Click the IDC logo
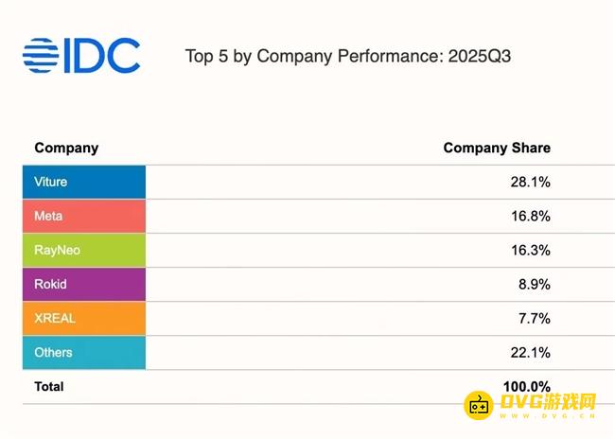(x=80, y=56)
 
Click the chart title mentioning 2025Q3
(x=348, y=56)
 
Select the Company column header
(x=66, y=148)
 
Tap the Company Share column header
(x=497, y=148)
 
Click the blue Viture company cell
(x=84, y=182)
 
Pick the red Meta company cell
(x=84, y=216)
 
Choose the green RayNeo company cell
(x=84, y=250)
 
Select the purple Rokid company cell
(x=84, y=284)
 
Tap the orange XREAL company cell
(x=84, y=318)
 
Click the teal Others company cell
(x=84, y=352)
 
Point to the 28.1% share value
(x=530, y=182)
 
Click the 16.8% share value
(x=530, y=216)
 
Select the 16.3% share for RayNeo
(x=530, y=250)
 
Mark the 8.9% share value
(x=534, y=284)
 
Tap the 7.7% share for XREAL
(x=534, y=318)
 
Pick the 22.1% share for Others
(x=530, y=352)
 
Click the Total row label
(x=49, y=386)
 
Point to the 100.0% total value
(x=526, y=386)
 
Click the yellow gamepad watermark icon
(x=480, y=404)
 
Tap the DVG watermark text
(x=548, y=401)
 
